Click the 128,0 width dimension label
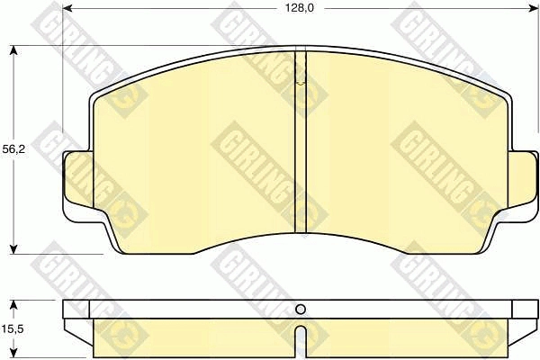click(x=300, y=8)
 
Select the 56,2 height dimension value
click(x=13, y=149)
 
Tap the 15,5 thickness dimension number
click(x=13, y=329)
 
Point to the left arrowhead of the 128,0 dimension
click(x=67, y=8)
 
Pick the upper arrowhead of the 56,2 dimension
click(x=13, y=50)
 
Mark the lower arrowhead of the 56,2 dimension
click(x=13, y=249)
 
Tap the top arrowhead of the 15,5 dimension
click(x=13, y=305)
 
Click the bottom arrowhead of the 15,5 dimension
click(x=13, y=353)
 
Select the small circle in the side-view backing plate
click(x=301, y=310)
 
